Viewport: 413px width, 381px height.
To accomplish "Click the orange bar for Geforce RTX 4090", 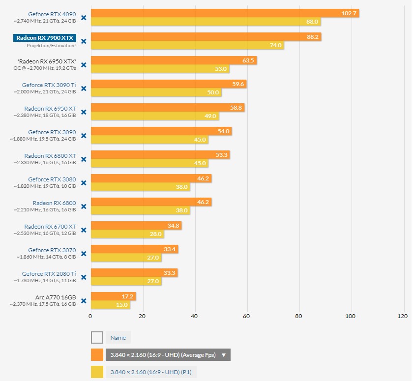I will point(225,13).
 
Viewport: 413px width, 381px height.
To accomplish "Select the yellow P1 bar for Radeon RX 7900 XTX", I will point(187,45).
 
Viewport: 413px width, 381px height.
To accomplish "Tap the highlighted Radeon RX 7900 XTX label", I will point(45,37).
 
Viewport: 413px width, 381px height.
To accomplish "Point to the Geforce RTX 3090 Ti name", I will point(49,85).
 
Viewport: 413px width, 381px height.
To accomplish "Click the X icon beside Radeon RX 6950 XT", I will point(84,112).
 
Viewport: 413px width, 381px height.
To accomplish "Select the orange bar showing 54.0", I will point(161,131).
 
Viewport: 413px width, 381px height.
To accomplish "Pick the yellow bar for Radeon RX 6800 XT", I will point(149,163).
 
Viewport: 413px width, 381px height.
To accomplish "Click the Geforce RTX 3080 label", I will point(52,179).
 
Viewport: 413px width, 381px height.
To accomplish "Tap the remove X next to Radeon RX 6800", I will point(84,206).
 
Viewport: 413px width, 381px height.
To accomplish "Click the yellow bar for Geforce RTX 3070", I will point(126,258).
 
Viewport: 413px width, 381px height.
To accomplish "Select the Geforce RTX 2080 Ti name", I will point(49,273).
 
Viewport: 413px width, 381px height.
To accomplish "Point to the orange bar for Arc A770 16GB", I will point(113,296).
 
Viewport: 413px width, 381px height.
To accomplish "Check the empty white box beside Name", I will point(97,337).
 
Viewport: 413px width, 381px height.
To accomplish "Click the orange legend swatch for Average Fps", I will point(97,354).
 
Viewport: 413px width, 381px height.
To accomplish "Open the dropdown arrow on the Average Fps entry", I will point(224,355).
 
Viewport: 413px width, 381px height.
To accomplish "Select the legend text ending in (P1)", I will point(150,372).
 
